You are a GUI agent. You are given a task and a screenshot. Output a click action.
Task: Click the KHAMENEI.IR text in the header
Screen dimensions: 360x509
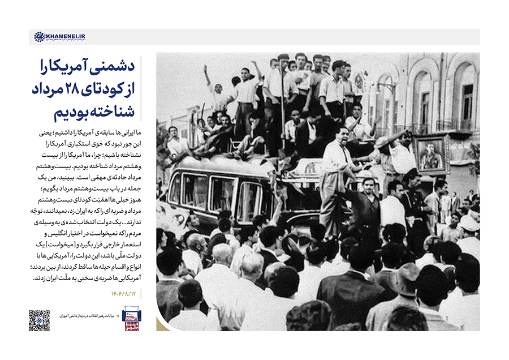[66, 36]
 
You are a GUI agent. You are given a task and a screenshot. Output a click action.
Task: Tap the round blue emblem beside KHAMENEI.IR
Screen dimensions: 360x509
[39, 37]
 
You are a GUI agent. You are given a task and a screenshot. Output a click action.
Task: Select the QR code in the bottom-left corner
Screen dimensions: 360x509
[39, 320]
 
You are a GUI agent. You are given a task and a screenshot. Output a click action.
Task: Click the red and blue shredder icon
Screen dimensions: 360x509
[132, 320]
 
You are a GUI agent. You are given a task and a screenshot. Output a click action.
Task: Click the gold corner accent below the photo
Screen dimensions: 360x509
[163, 324]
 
